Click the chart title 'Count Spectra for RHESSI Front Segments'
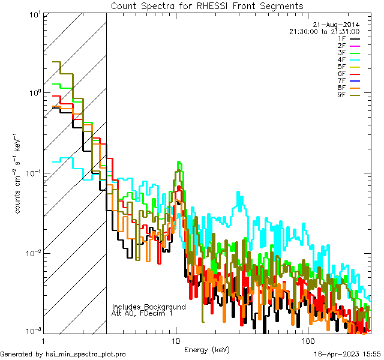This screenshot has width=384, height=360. point(207,5)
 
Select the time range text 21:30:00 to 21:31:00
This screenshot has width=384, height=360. point(324,31)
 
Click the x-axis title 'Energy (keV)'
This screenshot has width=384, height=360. point(207,350)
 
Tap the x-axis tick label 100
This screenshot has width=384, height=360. point(307,340)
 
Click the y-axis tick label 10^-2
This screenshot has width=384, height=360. point(31,253)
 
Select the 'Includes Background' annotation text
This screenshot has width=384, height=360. point(149,307)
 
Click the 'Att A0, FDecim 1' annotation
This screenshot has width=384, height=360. point(142,313)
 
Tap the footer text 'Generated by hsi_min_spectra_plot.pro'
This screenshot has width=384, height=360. point(63,354)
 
